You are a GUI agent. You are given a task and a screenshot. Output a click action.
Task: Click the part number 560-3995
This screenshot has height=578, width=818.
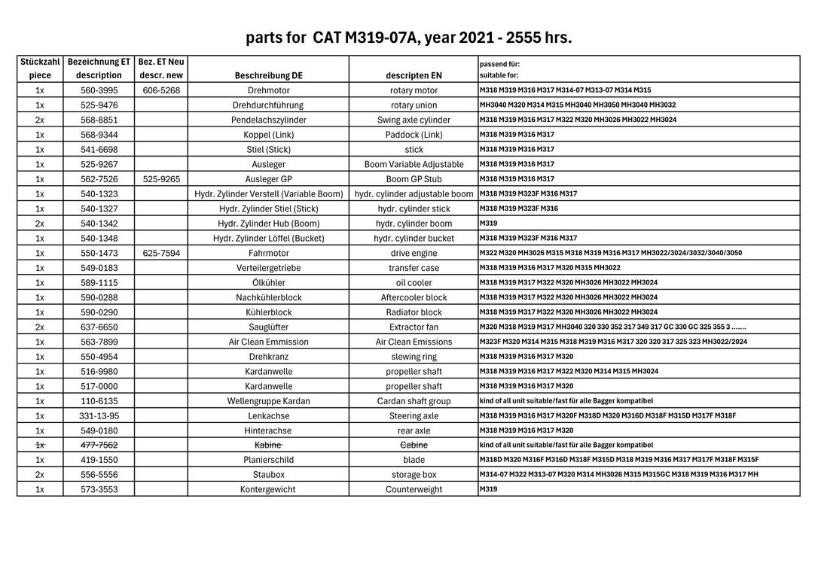pos(99,90)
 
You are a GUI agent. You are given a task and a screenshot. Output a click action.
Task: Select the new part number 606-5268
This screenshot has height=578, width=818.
pos(161,90)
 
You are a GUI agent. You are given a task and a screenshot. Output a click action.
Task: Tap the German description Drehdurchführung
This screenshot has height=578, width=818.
pos(268,105)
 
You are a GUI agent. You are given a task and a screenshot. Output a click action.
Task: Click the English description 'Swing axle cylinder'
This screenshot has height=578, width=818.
pos(414,120)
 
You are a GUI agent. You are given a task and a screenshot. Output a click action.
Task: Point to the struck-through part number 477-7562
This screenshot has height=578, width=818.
pos(99,445)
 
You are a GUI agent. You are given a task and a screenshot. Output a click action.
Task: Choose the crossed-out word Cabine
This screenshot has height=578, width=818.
pos(414,445)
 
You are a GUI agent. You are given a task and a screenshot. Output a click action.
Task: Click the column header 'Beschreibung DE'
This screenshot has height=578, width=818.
pos(268,75)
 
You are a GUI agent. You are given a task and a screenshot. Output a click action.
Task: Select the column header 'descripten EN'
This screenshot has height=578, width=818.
pos(414,75)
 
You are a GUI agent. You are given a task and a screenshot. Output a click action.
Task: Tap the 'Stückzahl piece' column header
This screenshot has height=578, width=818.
pos(40,68)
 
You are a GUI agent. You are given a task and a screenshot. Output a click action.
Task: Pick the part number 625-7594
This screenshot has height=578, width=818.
pos(161,253)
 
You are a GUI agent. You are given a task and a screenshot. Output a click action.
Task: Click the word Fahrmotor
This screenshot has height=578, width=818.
pos(268,253)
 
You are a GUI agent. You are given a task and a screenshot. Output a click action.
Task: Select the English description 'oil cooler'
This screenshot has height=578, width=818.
pos(414,283)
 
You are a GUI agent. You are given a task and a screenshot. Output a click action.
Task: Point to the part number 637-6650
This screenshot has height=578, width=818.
pos(99,327)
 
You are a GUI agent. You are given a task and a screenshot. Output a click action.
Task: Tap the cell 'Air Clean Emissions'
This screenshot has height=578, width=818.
pos(414,342)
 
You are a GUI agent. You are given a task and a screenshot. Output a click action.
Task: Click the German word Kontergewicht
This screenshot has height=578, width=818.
pos(268,489)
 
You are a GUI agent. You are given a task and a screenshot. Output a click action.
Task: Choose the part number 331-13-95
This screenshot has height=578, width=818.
pos(99,415)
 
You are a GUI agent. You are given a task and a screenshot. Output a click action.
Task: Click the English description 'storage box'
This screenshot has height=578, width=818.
pos(414,475)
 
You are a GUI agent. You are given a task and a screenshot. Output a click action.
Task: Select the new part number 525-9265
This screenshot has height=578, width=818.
pos(161,179)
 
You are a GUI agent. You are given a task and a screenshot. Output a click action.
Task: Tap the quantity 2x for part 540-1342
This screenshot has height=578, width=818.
pos(40,224)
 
